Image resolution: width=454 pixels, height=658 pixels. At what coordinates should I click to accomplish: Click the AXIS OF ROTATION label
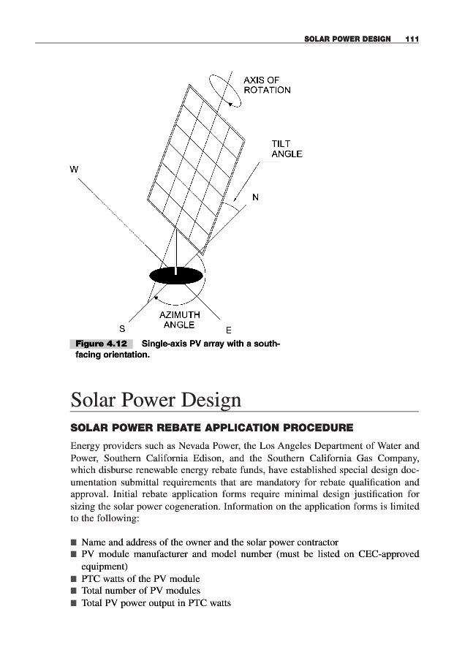[x=267, y=85]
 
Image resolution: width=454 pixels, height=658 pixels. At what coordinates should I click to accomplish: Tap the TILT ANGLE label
[x=287, y=148]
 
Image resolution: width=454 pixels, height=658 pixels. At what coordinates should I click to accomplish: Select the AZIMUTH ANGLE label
[x=179, y=319]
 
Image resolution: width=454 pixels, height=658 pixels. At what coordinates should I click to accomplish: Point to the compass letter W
[x=74, y=169]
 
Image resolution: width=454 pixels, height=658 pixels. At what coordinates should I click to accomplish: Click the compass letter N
[x=255, y=197]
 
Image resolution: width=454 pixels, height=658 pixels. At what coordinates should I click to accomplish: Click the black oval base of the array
[x=175, y=275]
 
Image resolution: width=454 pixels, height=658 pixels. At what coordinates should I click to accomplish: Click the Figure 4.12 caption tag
[x=100, y=344]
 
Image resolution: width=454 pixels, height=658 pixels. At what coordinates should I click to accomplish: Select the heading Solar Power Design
[x=156, y=401]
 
